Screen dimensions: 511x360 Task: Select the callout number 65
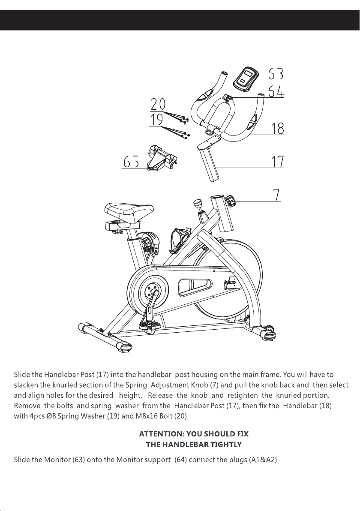[x=131, y=162]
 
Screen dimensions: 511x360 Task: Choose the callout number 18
[x=277, y=129]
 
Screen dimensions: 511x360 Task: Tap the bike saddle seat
[x=129, y=211]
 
